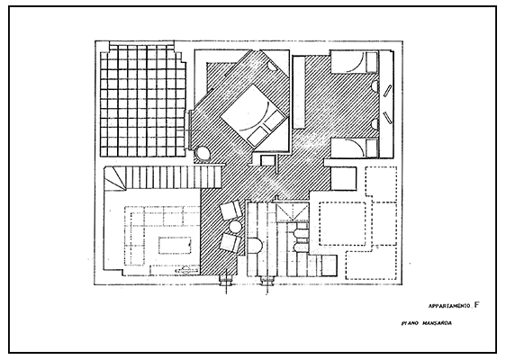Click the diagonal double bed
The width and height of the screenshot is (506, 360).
click(254, 116)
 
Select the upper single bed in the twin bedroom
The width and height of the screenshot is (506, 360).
click(354, 62)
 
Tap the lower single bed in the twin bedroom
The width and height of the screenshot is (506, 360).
click(354, 148)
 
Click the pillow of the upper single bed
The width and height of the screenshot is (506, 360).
click(372, 62)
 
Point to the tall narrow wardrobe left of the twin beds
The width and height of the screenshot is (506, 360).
click(299, 92)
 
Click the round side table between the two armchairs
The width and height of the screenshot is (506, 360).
click(235, 227)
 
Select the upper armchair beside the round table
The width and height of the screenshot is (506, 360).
click(231, 210)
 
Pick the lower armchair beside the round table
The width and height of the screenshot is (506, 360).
click(230, 243)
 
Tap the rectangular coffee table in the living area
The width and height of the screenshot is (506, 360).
click(175, 245)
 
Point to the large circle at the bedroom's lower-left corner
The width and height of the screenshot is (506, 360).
click(203, 154)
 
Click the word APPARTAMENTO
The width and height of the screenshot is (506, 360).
click(449, 306)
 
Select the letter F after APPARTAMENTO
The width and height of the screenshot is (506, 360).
click(476, 305)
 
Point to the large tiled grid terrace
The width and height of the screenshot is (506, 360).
click(143, 100)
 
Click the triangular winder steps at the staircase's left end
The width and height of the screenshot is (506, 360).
click(114, 178)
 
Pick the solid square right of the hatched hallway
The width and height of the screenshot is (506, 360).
click(344, 178)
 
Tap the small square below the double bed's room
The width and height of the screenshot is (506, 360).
click(267, 160)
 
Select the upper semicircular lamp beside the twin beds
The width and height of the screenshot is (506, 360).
click(375, 86)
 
